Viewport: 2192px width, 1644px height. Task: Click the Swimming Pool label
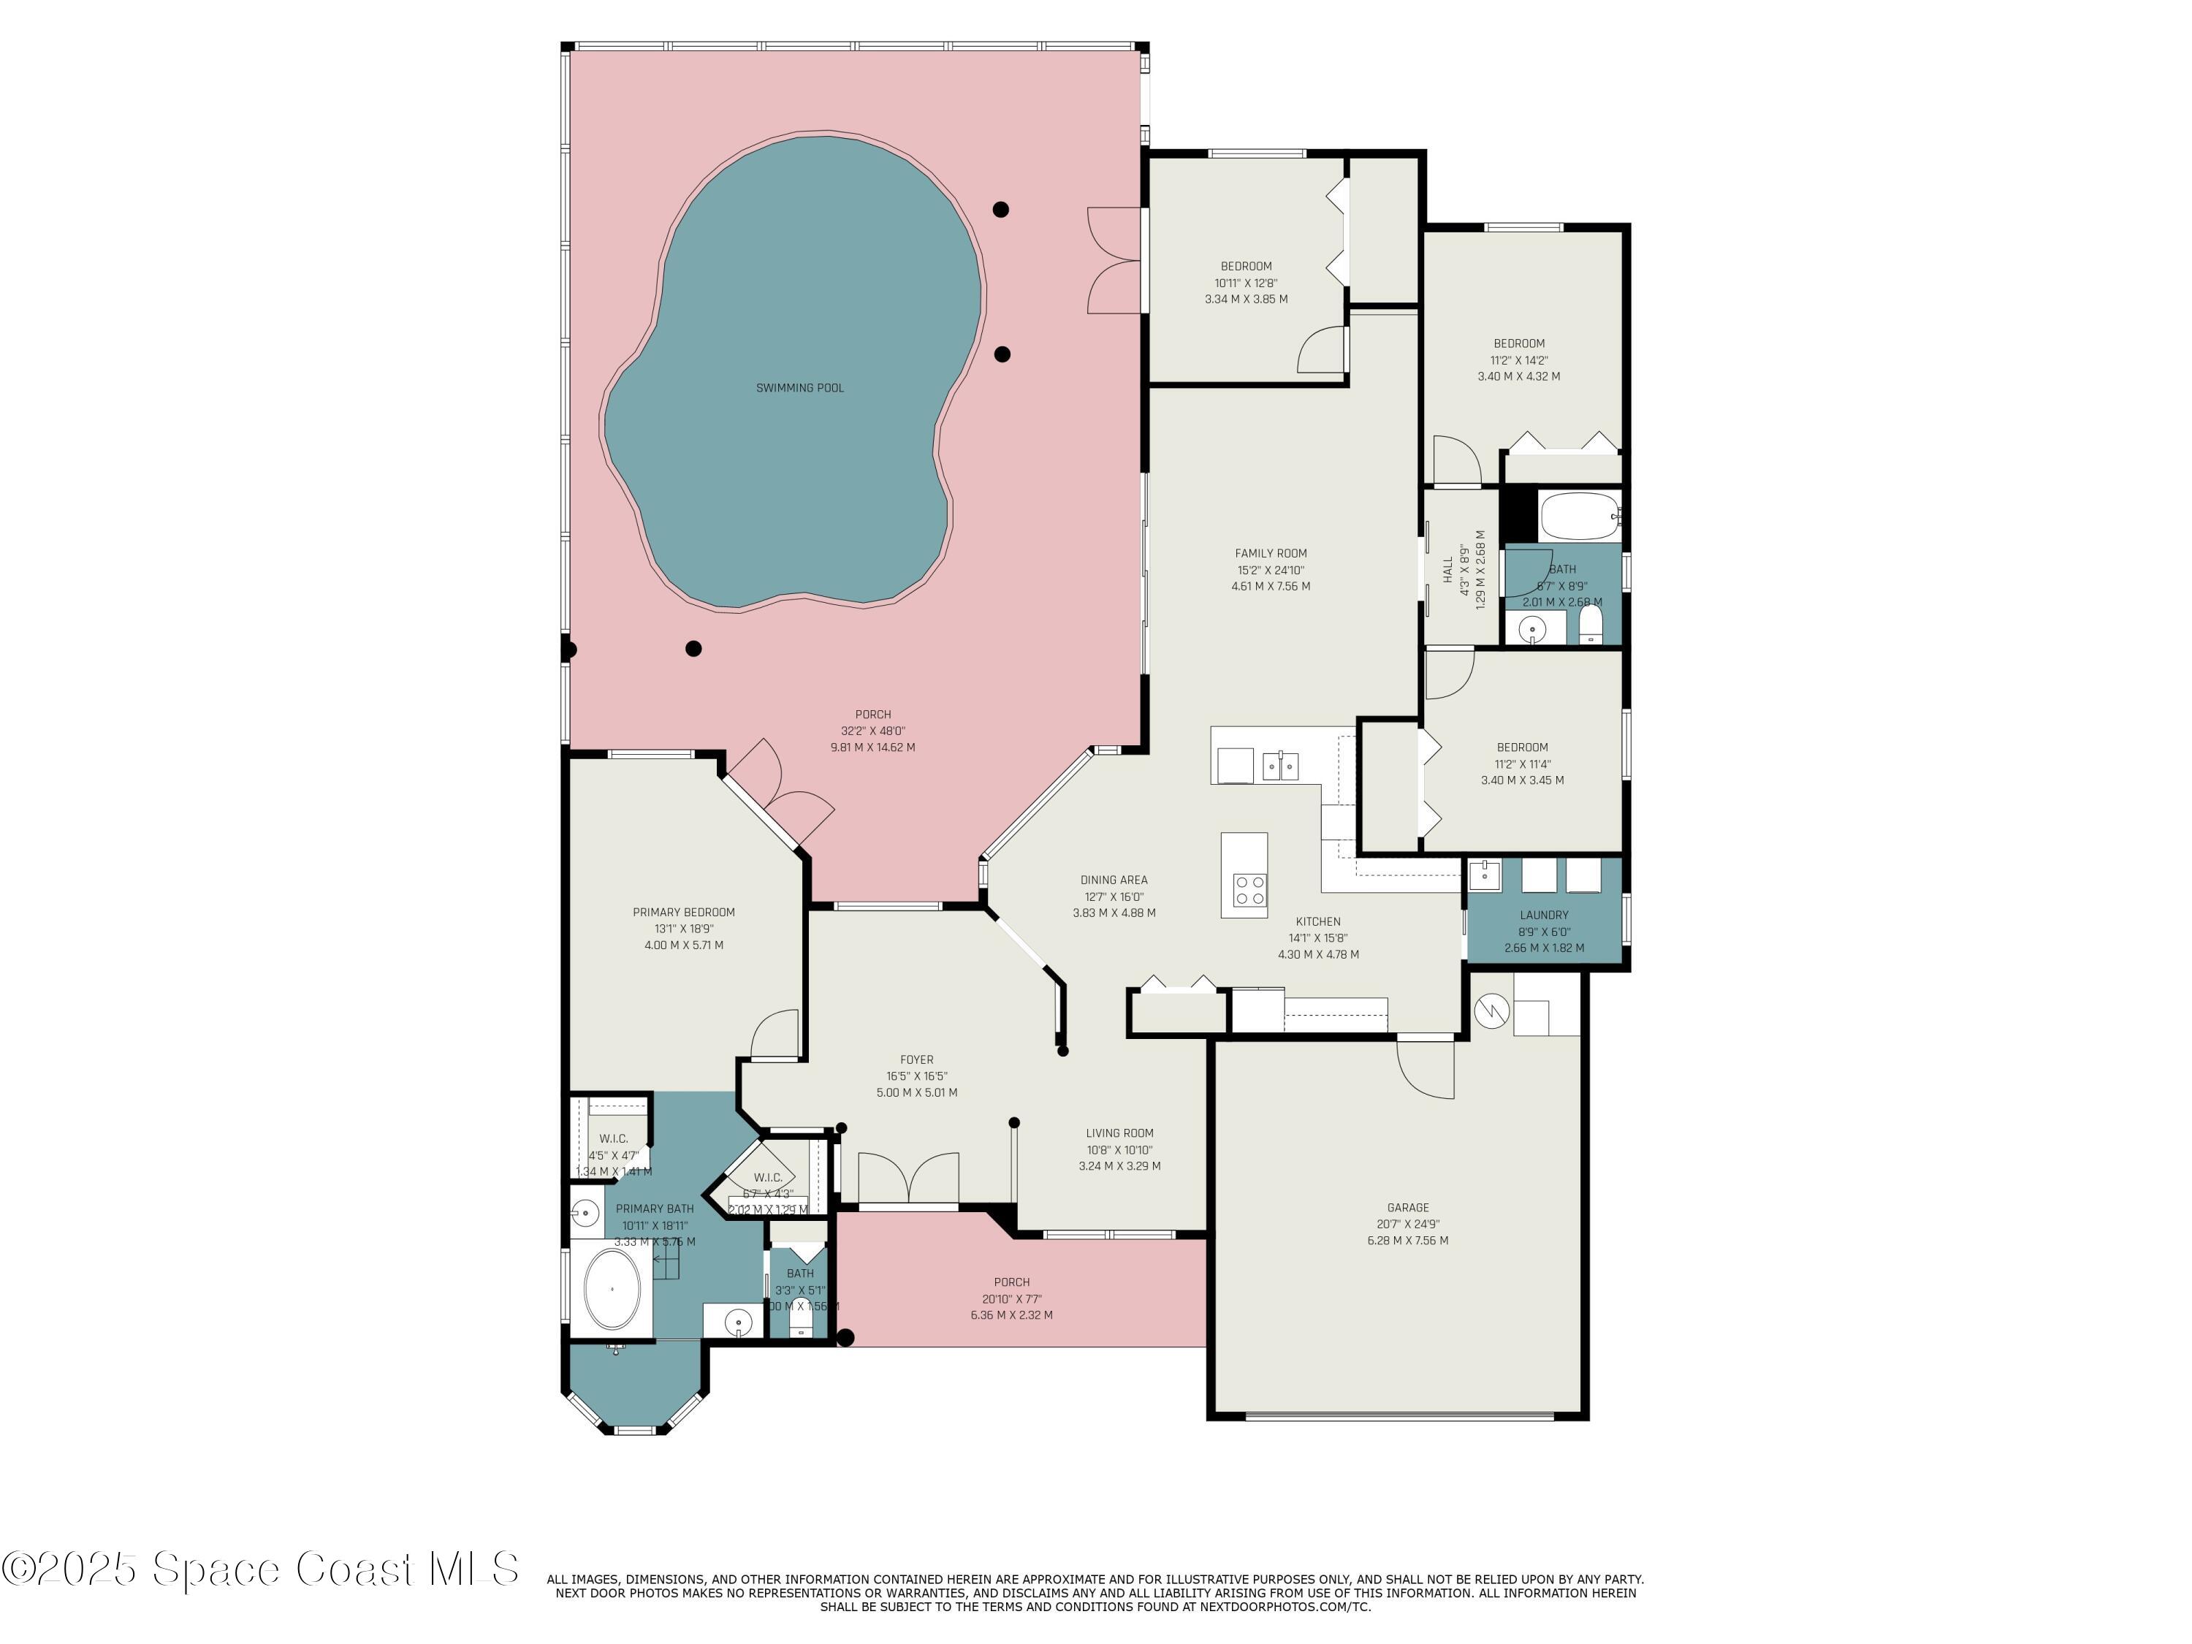[799, 387]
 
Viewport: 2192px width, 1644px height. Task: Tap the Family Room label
[1271, 554]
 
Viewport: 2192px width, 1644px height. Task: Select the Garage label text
[1407, 1207]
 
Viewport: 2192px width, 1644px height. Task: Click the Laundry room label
[1543, 915]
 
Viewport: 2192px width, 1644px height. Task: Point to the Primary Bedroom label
[684, 912]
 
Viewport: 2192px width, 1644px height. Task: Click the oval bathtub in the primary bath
[612, 1288]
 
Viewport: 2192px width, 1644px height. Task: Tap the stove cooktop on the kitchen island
[1249, 889]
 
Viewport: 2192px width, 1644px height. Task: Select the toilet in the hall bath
[1591, 626]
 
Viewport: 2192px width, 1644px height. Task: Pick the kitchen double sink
[1280, 766]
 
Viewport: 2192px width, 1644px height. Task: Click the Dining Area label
[1114, 879]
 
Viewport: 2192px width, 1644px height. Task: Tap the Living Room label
[1119, 1133]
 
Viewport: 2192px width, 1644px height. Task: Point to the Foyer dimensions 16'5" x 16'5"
[917, 1076]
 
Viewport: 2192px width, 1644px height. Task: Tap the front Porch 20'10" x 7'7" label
[1012, 1298]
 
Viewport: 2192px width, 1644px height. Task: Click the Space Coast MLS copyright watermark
[259, 1569]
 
